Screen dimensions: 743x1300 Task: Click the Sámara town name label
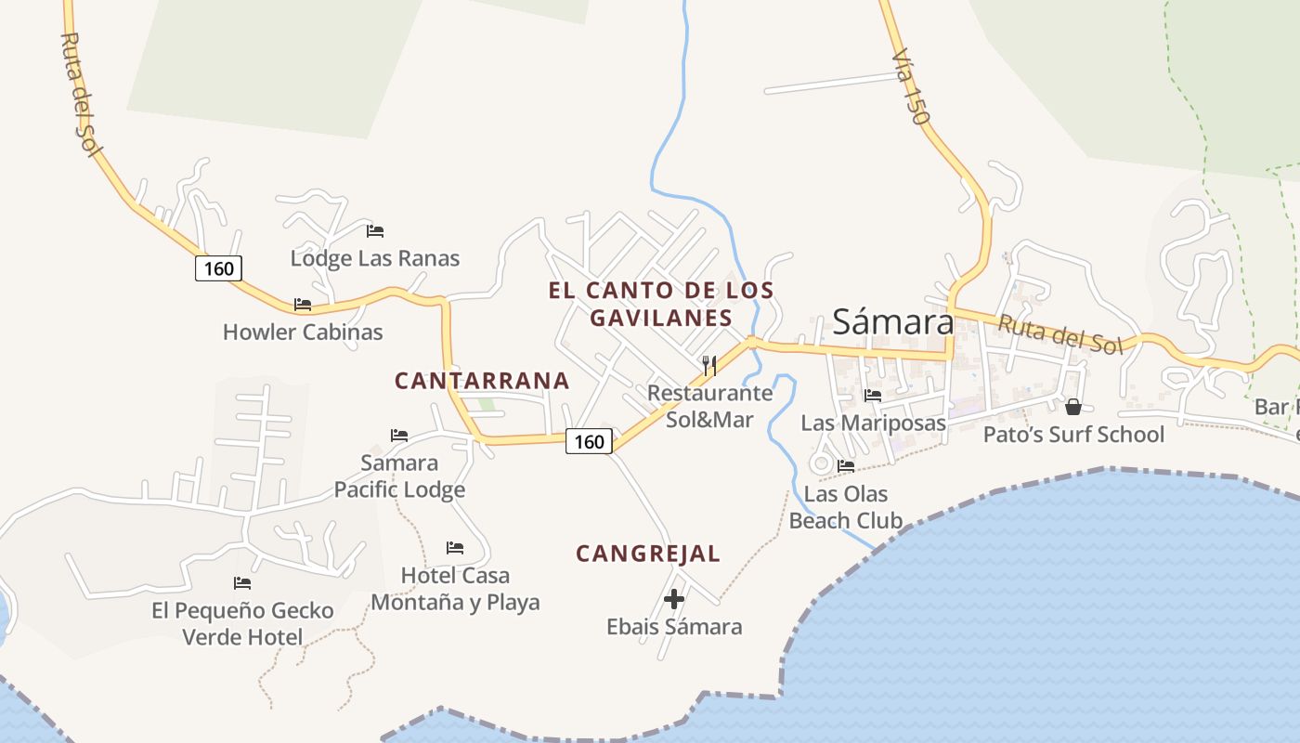coord(892,321)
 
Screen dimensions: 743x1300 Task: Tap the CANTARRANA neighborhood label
coord(482,381)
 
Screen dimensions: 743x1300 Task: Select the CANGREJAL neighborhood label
coord(647,554)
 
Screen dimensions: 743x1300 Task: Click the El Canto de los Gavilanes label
coord(660,304)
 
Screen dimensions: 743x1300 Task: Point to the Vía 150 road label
coord(910,88)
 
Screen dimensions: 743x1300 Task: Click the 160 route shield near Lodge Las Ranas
coord(218,268)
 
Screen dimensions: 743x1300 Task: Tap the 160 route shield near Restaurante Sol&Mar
coord(590,442)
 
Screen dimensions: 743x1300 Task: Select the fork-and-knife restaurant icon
coord(709,365)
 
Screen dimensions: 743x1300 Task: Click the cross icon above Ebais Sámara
coord(674,599)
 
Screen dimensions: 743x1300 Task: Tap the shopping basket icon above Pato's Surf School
coord(1073,407)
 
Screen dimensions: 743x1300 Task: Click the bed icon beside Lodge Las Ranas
coord(375,231)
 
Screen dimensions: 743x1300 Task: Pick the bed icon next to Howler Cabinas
coord(303,305)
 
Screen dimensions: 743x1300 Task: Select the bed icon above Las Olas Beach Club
coord(846,466)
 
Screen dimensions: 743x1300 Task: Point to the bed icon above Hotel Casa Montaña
coord(455,548)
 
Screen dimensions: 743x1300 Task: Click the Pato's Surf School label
coord(1073,435)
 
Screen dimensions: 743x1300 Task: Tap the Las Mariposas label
coord(873,424)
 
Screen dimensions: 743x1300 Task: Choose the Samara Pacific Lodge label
coord(399,476)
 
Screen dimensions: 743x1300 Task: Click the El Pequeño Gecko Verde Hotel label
coord(242,623)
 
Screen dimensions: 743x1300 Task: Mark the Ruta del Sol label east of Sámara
coord(1060,334)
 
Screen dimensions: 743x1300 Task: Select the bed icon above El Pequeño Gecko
coord(242,583)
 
